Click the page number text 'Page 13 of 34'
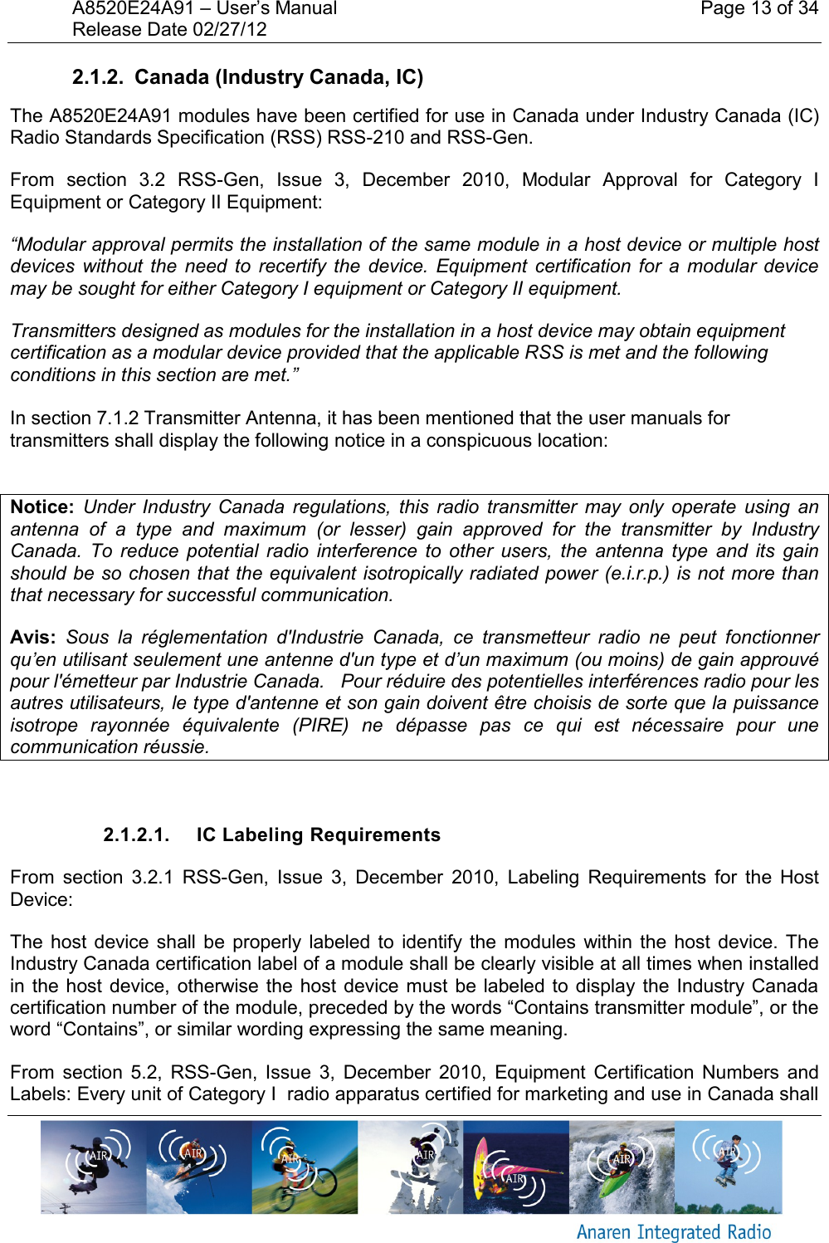(758, 9)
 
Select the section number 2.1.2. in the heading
(97, 77)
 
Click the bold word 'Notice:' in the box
(42, 507)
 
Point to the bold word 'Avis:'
(33, 638)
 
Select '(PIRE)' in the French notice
(320, 726)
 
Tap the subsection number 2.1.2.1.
(136, 835)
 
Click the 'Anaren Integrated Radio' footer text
(674, 1232)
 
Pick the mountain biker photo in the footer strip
(305, 1167)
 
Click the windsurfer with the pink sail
(515, 1167)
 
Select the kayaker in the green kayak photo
(622, 1167)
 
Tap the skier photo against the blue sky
(199, 1167)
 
